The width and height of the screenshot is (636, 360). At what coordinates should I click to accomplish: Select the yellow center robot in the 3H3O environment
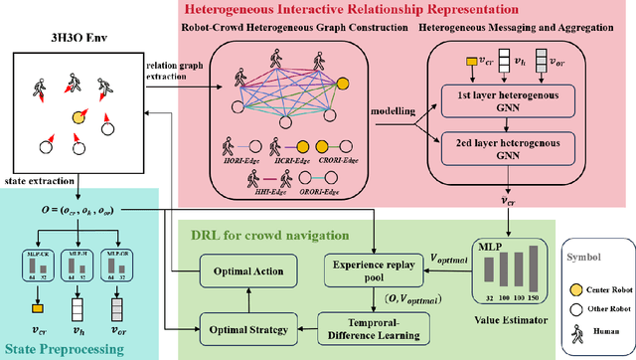point(77,116)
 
